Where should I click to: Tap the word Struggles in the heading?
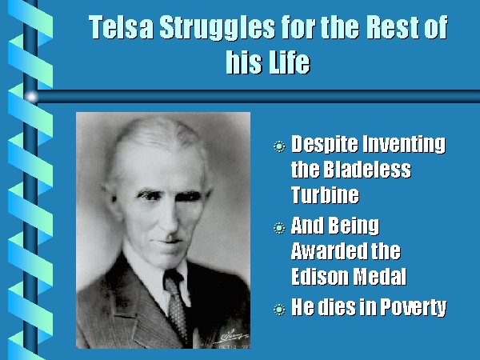pos(217,28)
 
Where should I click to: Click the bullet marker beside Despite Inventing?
pos(279,146)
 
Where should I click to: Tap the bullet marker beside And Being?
pos(279,228)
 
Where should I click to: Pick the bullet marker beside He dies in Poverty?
pos(279,310)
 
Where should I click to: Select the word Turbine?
pos(325,194)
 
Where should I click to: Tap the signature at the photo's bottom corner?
pos(232,337)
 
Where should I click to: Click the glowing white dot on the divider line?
pos(31,97)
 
